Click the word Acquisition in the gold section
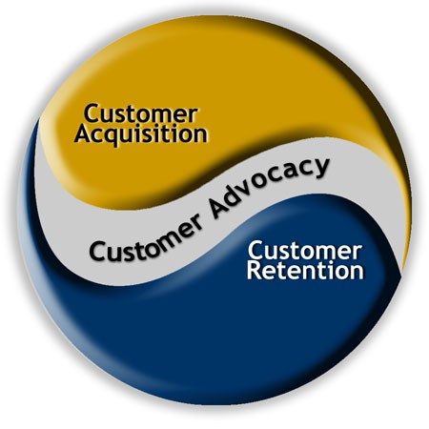pos(141,135)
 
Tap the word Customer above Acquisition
pos(140,113)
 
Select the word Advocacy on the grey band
pos(269,187)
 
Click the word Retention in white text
pos(305,270)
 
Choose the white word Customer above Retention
pos(305,251)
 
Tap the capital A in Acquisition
pos(84,133)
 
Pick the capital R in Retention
pos(254,270)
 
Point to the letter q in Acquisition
pos(112,137)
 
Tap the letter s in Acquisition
pos(155,135)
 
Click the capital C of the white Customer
pos(255,251)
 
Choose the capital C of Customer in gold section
pos(92,113)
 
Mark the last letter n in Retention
pos(357,273)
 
